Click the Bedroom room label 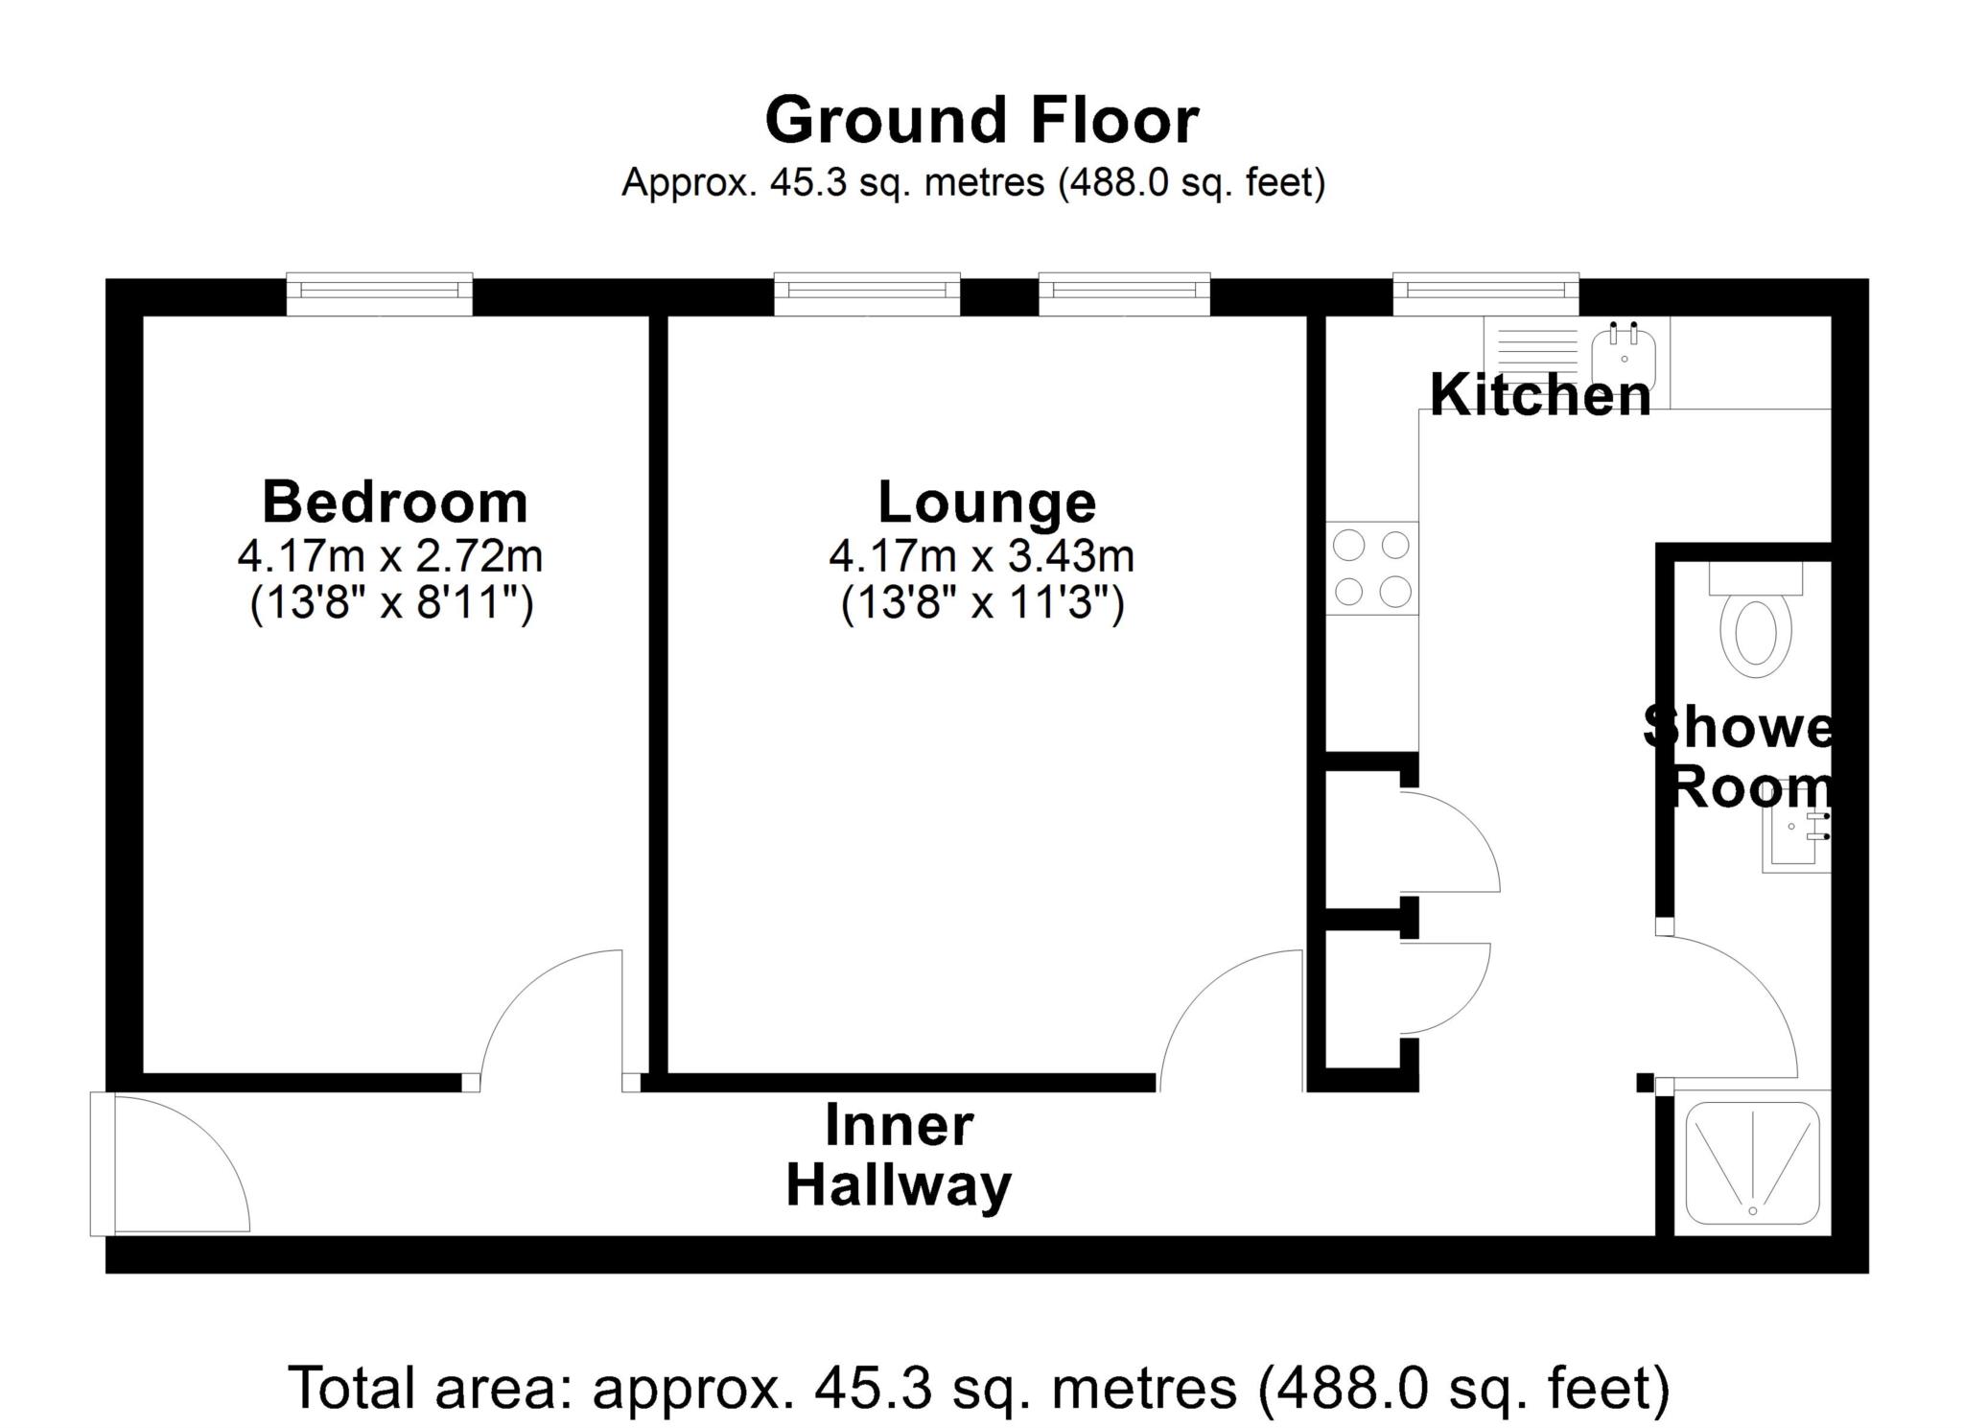[x=395, y=502]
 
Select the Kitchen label [x=1540, y=394]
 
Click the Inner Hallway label [x=899, y=1156]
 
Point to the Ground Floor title [x=982, y=120]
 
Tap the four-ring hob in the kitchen [x=1372, y=569]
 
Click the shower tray [x=1753, y=1163]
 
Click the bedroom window [x=380, y=293]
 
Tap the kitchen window [x=1485, y=293]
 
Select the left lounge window [x=867, y=293]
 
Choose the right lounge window [x=1124, y=293]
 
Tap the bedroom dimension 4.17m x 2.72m [x=391, y=555]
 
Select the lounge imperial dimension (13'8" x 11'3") [x=982, y=604]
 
